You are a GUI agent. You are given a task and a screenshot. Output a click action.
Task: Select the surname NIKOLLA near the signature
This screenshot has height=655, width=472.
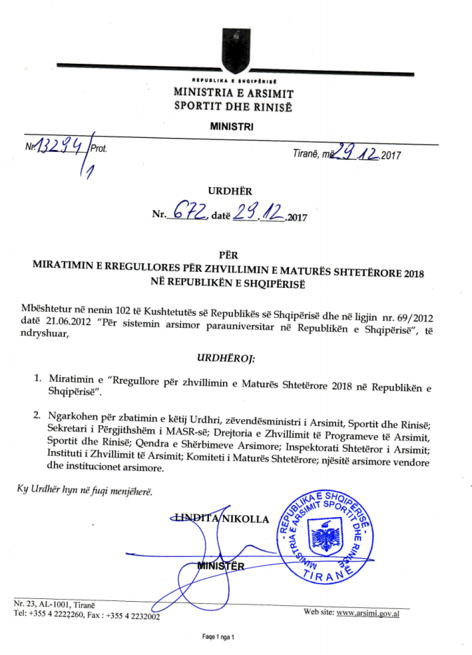245,519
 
